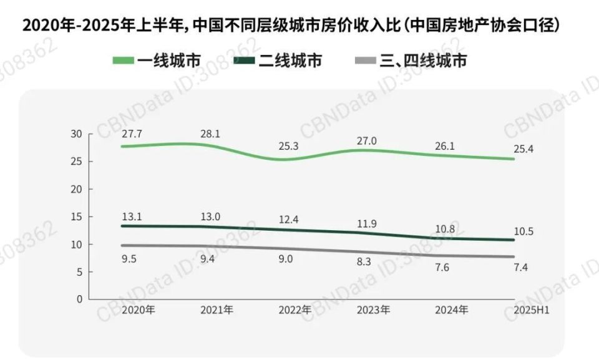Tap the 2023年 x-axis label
[373, 309]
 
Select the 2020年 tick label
[138, 309]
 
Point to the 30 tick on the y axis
[76, 134]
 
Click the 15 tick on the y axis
[76, 216]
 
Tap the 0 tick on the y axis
[79, 299]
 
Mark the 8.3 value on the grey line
[364, 262]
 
